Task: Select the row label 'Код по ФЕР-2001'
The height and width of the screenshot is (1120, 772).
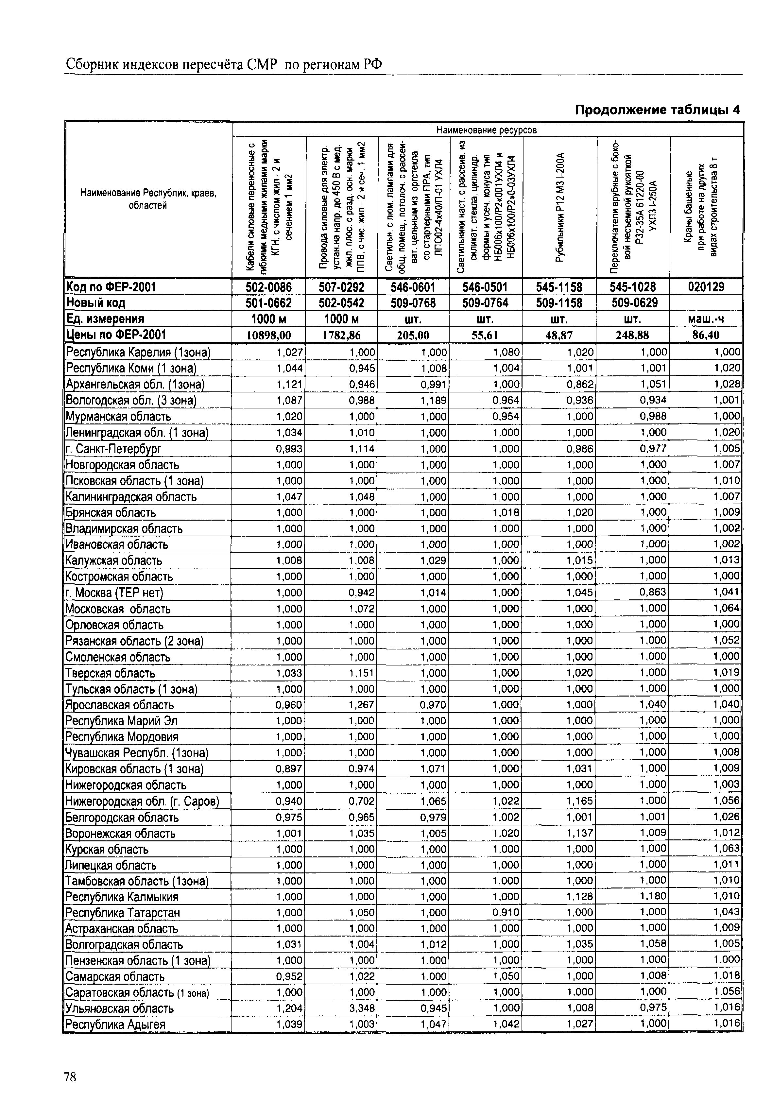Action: pos(111,287)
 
